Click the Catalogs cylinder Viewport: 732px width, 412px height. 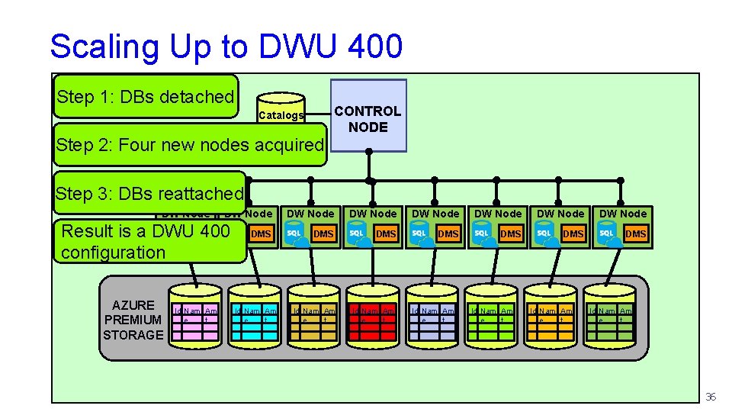(x=281, y=111)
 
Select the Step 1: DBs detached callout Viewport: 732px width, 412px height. (x=146, y=96)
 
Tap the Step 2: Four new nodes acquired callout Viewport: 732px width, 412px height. (x=190, y=144)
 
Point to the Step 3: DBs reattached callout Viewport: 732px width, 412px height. (x=149, y=193)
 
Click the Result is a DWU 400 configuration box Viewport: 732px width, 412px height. (x=149, y=241)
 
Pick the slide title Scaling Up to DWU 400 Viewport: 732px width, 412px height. (x=226, y=46)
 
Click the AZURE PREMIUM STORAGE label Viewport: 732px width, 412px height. (x=133, y=320)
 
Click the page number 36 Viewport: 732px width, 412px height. (x=711, y=397)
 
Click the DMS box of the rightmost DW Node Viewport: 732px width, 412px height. (x=635, y=233)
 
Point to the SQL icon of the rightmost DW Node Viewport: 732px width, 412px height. (x=608, y=233)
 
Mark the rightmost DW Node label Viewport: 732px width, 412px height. (x=622, y=214)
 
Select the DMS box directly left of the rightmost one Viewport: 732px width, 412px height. (x=573, y=233)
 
